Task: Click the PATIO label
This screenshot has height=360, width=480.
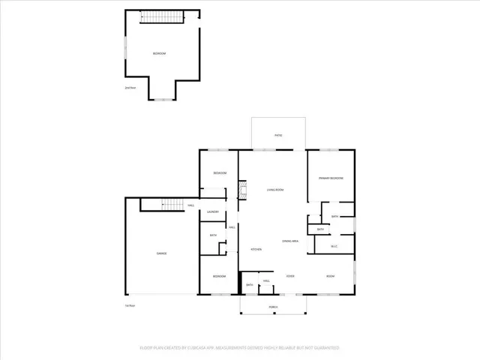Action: (x=277, y=135)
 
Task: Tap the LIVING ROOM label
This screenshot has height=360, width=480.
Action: (x=275, y=190)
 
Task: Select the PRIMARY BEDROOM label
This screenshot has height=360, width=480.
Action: (x=331, y=178)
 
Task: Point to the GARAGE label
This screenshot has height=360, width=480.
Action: (x=161, y=253)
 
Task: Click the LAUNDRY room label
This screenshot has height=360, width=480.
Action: (x=213, y=212)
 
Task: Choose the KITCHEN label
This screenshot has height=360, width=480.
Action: (x=256, y=249)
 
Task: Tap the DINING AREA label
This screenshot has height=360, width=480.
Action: (x=290, y=241)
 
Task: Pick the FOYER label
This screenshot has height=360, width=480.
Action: (x=290, y=276)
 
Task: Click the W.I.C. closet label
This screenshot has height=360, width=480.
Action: (x=334, y=246)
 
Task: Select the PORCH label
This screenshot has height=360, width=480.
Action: (x=273, y=307)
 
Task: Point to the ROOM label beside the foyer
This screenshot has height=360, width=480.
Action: (x=330, y=276)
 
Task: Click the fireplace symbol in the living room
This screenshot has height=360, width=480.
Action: (x=242, y=190)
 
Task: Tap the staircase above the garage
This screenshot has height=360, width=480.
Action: (x=172, y=205)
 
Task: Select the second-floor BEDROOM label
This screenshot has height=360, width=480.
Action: (x=159, y=53)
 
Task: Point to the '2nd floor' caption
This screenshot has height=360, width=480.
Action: (x=130, y=88)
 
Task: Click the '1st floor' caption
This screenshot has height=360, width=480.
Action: (x=129, y=305)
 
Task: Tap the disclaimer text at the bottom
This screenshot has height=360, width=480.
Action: (x=240, y=348)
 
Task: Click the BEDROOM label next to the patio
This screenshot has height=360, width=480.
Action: (x=220, y=173)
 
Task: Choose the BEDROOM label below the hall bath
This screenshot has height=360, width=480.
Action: (x=219, y=276)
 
